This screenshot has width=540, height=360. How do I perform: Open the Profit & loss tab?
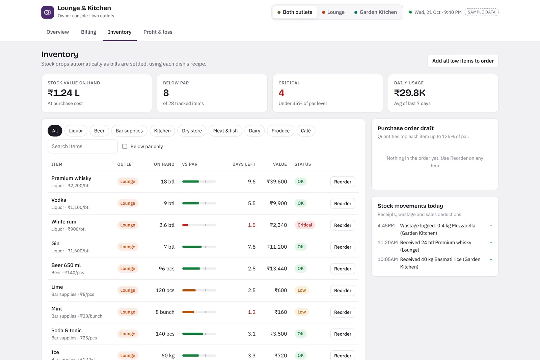pos(158,32)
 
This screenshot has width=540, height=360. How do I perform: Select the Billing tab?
pos(88,32)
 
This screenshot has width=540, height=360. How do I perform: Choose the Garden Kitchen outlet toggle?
pos(375,12)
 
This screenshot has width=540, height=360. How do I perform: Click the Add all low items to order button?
pos(463,61)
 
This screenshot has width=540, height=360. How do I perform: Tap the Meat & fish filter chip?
pos(225,131)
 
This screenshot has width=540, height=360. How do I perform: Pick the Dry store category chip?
pos(192,131)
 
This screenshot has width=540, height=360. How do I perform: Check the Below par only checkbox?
pos(125,146)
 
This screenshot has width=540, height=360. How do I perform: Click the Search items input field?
pos(82,146)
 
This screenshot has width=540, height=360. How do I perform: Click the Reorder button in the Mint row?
pos(343,312)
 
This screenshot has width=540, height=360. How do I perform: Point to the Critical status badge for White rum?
pos(305,225)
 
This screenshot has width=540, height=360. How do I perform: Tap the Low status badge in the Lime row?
pos(302,290)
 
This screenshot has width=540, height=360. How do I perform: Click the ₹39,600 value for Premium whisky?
pos(277,182)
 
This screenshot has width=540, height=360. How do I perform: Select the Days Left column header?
pos(244,164)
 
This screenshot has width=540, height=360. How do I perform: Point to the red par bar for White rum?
pos(185,225)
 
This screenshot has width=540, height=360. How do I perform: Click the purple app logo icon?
pos(48,12)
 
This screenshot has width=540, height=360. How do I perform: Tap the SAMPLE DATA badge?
pos(481,12)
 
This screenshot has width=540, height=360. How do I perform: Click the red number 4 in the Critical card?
pos(281,93)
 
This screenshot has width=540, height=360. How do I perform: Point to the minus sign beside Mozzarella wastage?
pos(491,225)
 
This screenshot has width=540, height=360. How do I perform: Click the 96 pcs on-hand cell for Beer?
pos(167,269)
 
